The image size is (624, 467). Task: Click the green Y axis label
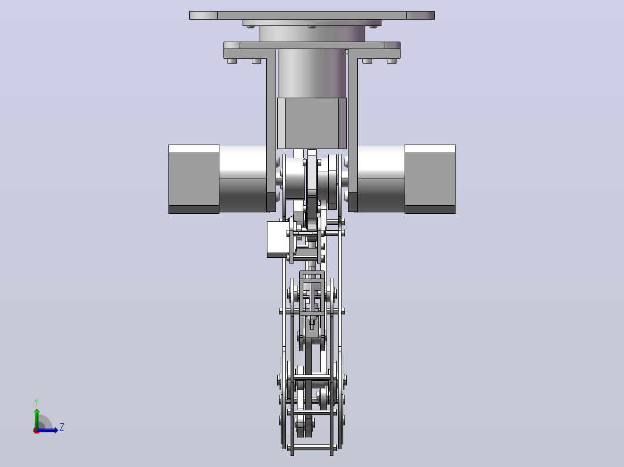[x=36, y=402]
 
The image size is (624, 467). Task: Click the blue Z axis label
[x=62, y=427]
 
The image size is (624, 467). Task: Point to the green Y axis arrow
[x=36, y=418]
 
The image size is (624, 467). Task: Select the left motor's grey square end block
[x=194, y=179]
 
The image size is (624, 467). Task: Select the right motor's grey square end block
[x=430, y=179]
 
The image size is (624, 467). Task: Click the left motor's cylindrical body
[x=243, y=179]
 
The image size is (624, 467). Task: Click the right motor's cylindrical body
[x=381, y=179]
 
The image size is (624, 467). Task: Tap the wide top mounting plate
[x=312, y=15]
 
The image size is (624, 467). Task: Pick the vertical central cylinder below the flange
[x=311, y=73]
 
